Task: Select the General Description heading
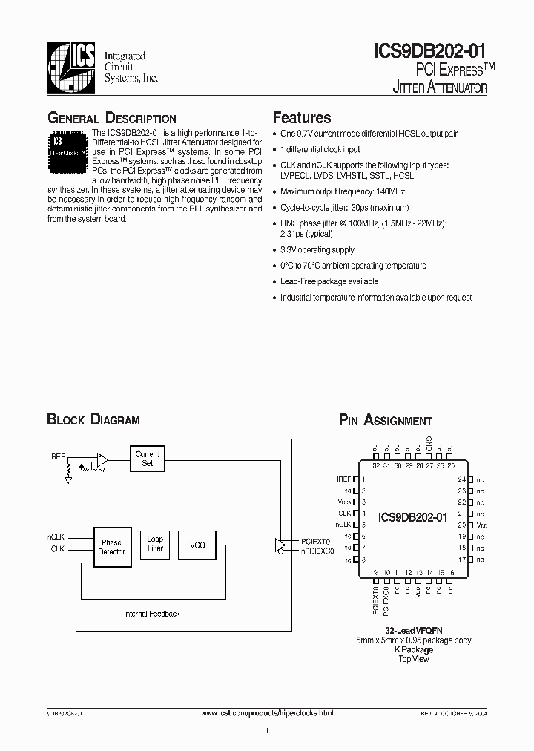click(111, 119)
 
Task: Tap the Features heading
click(302, 118)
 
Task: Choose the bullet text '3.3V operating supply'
click(317, 250)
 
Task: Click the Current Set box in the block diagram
click(147, 458)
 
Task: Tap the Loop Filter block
click(155, 543)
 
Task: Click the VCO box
click(197, 545)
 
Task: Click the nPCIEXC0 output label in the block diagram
click(317, 551)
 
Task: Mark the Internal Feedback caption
click(151, 614)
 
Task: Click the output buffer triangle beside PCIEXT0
click(282, 545)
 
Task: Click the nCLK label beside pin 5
click(344, 523)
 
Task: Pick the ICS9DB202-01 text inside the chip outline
click(412, 517)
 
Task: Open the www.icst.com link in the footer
click(267, 712)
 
